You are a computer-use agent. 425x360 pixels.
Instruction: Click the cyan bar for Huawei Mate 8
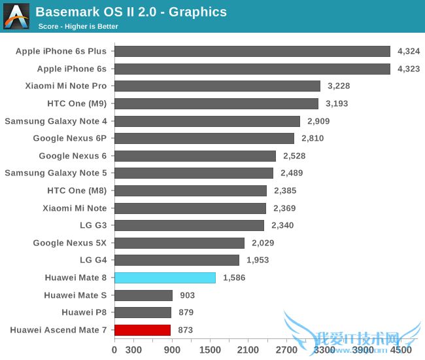click(165, 278)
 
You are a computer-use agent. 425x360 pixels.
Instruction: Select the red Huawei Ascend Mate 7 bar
click(143, 330)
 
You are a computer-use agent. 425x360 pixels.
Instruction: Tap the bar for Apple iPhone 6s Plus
click(252, 51)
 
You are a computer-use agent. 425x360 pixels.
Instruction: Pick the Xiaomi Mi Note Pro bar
click(217, 86)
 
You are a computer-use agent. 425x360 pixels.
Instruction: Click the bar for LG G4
click(177, 260)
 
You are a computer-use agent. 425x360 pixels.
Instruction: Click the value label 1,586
click(235, 278)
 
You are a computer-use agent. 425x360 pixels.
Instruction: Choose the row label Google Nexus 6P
click(70, 138)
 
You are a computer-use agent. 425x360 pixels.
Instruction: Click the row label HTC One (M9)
click(76, 103)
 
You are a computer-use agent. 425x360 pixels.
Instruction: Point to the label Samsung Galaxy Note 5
click(56, 173)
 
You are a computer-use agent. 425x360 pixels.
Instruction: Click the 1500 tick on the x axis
click(210, 350)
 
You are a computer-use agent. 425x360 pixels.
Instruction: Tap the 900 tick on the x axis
click(171, 350)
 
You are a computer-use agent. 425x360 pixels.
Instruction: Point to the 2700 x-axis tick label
click(286, 350)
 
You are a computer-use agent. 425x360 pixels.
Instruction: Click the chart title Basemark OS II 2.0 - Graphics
click(131, 12)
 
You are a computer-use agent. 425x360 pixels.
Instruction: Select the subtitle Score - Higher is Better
click(78, 26)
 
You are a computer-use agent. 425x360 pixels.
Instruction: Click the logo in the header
click(16, 16)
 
